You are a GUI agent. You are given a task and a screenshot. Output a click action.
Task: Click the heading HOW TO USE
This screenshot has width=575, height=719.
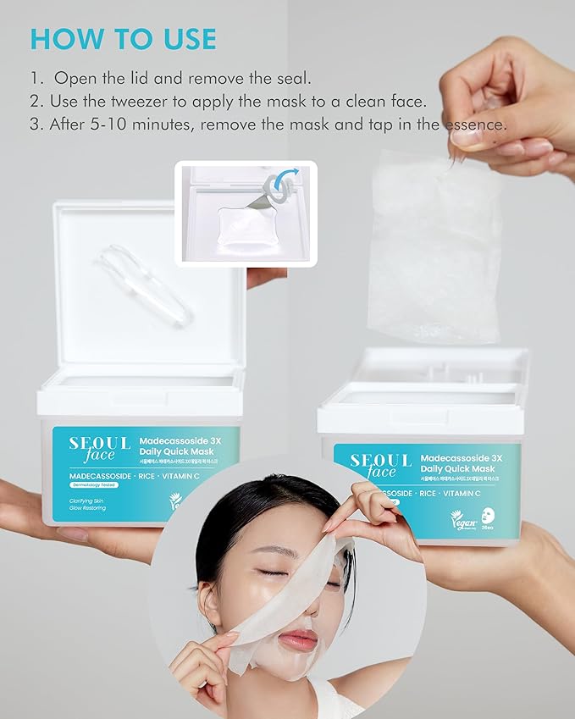[123, 38]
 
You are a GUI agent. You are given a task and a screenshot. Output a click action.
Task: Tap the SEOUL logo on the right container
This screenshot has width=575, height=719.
[381, 461]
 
